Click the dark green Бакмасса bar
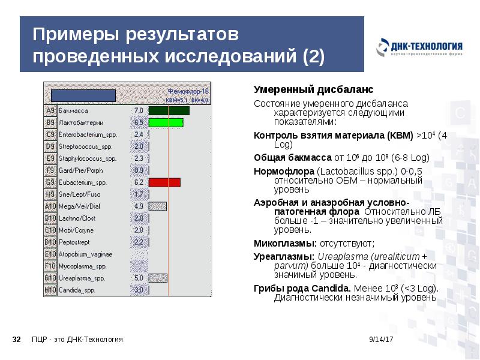[169, 111]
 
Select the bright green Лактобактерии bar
[166, 122]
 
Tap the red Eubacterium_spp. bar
[164, 182]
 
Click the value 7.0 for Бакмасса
[139, 111]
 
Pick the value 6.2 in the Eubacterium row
[139, 182]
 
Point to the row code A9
[50, 111]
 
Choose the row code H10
[50, 290]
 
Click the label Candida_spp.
[77, 290]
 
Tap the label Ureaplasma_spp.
[82, 278]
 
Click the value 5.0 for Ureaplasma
[139, 278]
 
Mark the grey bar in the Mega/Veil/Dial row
[157, 206]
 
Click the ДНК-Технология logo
[420, 47]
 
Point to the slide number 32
[17, 340]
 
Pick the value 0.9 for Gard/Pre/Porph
[139, 170]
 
